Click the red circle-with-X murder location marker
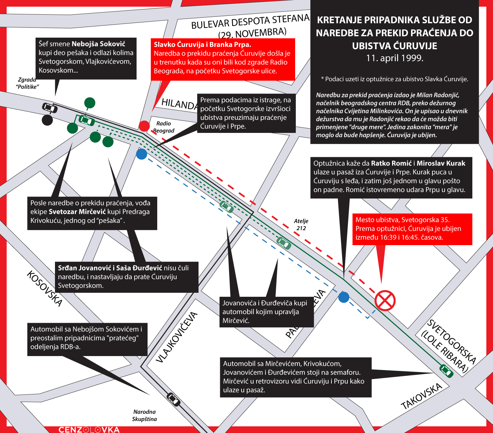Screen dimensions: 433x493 tap(385, 300)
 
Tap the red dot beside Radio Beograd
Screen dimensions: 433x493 tap(144, 126)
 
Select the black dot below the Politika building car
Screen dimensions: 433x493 tap(47, 120)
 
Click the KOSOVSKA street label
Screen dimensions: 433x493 tap(44, 288)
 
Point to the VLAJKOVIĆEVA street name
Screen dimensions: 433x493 tap(177, 337)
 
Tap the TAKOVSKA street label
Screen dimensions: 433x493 tap(421, 396)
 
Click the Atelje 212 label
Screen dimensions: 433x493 tap(301, 224)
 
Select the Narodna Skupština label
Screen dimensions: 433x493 tap(145, 415)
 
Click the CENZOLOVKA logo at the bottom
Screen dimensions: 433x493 tap(89, 430)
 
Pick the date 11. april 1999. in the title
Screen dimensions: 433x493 tap(394, 58)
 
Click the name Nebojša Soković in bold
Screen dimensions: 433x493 tap(98, 44)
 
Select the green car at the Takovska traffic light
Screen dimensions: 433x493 tap(446, 370)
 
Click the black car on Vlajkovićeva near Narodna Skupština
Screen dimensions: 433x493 tap(173, 399)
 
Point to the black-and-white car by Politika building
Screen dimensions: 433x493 tap(50, 108)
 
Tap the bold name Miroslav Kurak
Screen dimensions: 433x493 tap(441, 163)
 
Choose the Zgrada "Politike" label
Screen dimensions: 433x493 tap(27, 83)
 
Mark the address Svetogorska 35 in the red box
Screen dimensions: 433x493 tap(425, 220)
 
